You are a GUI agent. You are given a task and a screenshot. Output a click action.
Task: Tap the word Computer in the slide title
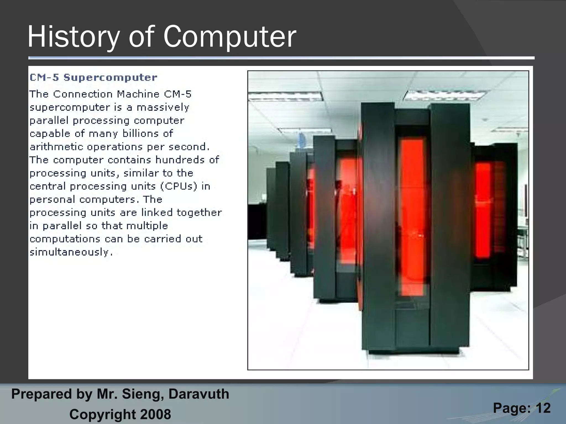[x=229, y=37]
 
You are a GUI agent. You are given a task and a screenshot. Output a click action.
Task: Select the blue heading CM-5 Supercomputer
[x=93, y=78]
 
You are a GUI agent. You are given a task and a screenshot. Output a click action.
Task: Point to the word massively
[x=163, y=107]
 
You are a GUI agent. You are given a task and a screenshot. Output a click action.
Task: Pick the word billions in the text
[x=141, y=134]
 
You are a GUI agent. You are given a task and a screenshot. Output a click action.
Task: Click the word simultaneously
[x=71, y=252]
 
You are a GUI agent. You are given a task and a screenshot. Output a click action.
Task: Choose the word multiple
[x=147, y=226]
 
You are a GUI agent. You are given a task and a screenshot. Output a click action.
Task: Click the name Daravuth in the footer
[x=199, y=394]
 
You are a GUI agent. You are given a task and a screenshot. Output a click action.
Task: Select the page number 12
[x=543, y=408]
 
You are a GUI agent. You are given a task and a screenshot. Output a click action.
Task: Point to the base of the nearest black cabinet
[x=415, y=351]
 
